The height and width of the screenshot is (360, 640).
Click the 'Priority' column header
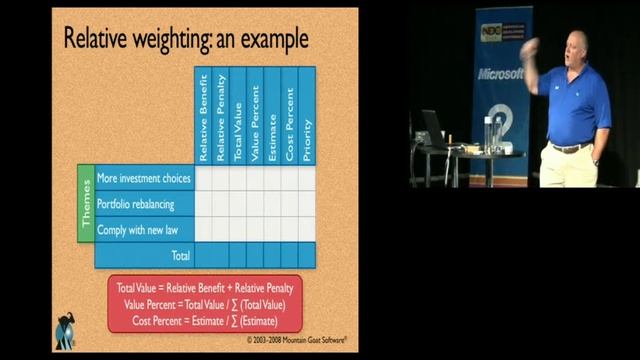pyautogui.click(x=307, y=116)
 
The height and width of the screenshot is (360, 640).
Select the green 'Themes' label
pyautogui.click(x=86, y=204)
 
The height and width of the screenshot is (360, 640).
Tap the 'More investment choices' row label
pyautogui.click(x=144, y=178)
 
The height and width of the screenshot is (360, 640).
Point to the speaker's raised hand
pyautogui.click(x=528, y=46)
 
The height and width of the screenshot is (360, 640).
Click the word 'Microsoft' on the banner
pyautogui.click(x=500, y=74)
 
